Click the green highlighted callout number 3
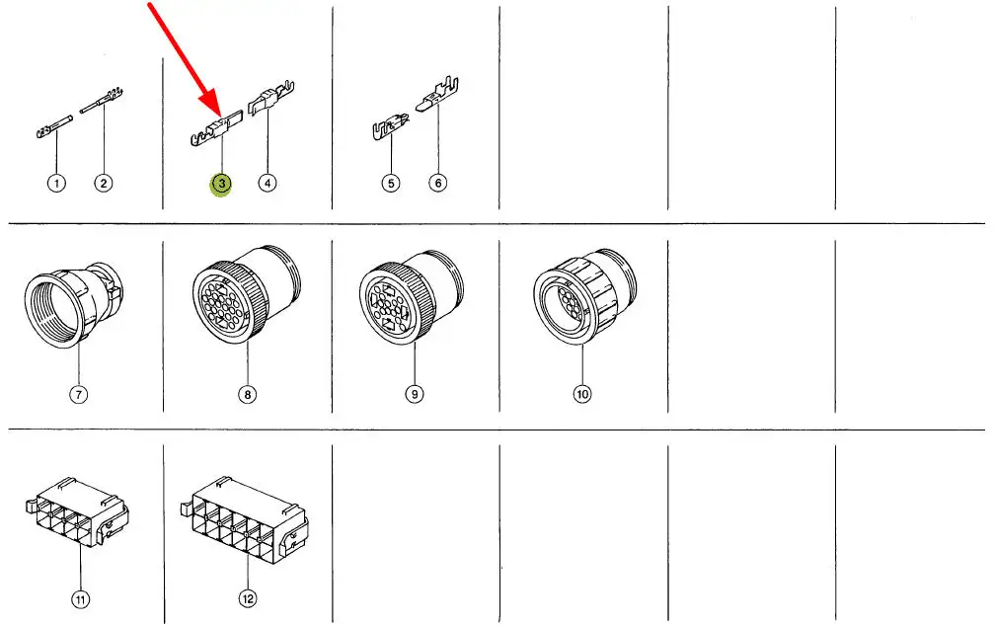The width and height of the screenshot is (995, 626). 221,184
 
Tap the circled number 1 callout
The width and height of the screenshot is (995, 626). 56,184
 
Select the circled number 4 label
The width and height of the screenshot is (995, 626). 268,183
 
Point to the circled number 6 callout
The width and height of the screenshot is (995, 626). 438,183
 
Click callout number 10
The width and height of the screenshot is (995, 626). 582,394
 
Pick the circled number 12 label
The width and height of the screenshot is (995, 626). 248,598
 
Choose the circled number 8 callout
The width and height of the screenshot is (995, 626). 248,394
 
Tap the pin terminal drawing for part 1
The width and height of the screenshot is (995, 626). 54,126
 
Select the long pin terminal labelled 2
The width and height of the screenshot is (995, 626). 102,101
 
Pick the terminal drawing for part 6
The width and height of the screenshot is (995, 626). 437,95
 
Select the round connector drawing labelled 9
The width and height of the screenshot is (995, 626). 412,296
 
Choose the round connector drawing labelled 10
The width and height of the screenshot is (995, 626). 584,295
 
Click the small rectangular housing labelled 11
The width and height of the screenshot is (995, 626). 78,512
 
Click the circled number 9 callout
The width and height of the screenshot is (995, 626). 415,394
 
